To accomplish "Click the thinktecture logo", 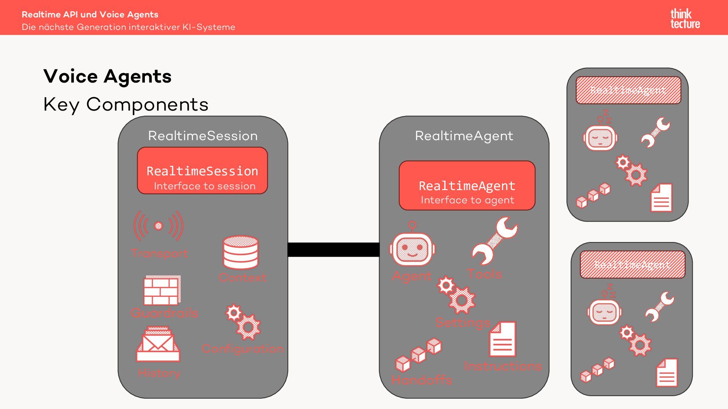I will [685, 19].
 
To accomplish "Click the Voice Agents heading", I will [107, 76].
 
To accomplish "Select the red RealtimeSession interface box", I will [202, 171].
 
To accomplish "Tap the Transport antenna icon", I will [158, 226].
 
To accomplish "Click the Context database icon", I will [241, 252].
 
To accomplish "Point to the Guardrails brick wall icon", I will [162, 290].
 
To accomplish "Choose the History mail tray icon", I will [158, 344].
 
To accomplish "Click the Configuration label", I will [243, 349].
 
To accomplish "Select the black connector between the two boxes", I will [334, 250].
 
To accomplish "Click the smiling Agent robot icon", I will [412, 246].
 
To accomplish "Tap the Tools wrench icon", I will [494, 241].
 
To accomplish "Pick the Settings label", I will [463, 323].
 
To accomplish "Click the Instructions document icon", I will [503, 339].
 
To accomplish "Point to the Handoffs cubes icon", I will [418, 355].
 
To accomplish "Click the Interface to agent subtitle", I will [468, 200].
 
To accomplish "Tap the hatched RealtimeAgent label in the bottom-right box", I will [632, 264].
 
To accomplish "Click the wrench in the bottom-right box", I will [659, 306].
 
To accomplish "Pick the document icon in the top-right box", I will [661, 198].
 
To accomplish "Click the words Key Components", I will [126, 105].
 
